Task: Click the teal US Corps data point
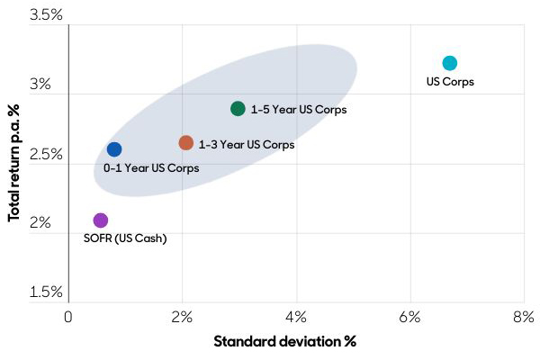[450, 63]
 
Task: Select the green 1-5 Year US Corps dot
[238, 109]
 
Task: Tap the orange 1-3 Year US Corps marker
[186, 143]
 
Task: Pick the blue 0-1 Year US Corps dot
[114, 149]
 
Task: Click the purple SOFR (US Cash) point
[101, 220]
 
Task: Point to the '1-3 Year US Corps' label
[247, 144]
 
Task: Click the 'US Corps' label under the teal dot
[450, 82]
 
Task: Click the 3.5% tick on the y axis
[45, 16]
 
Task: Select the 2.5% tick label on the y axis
[45, 154]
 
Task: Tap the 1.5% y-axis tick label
[45, 292]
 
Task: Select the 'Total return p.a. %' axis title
[14, 161]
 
